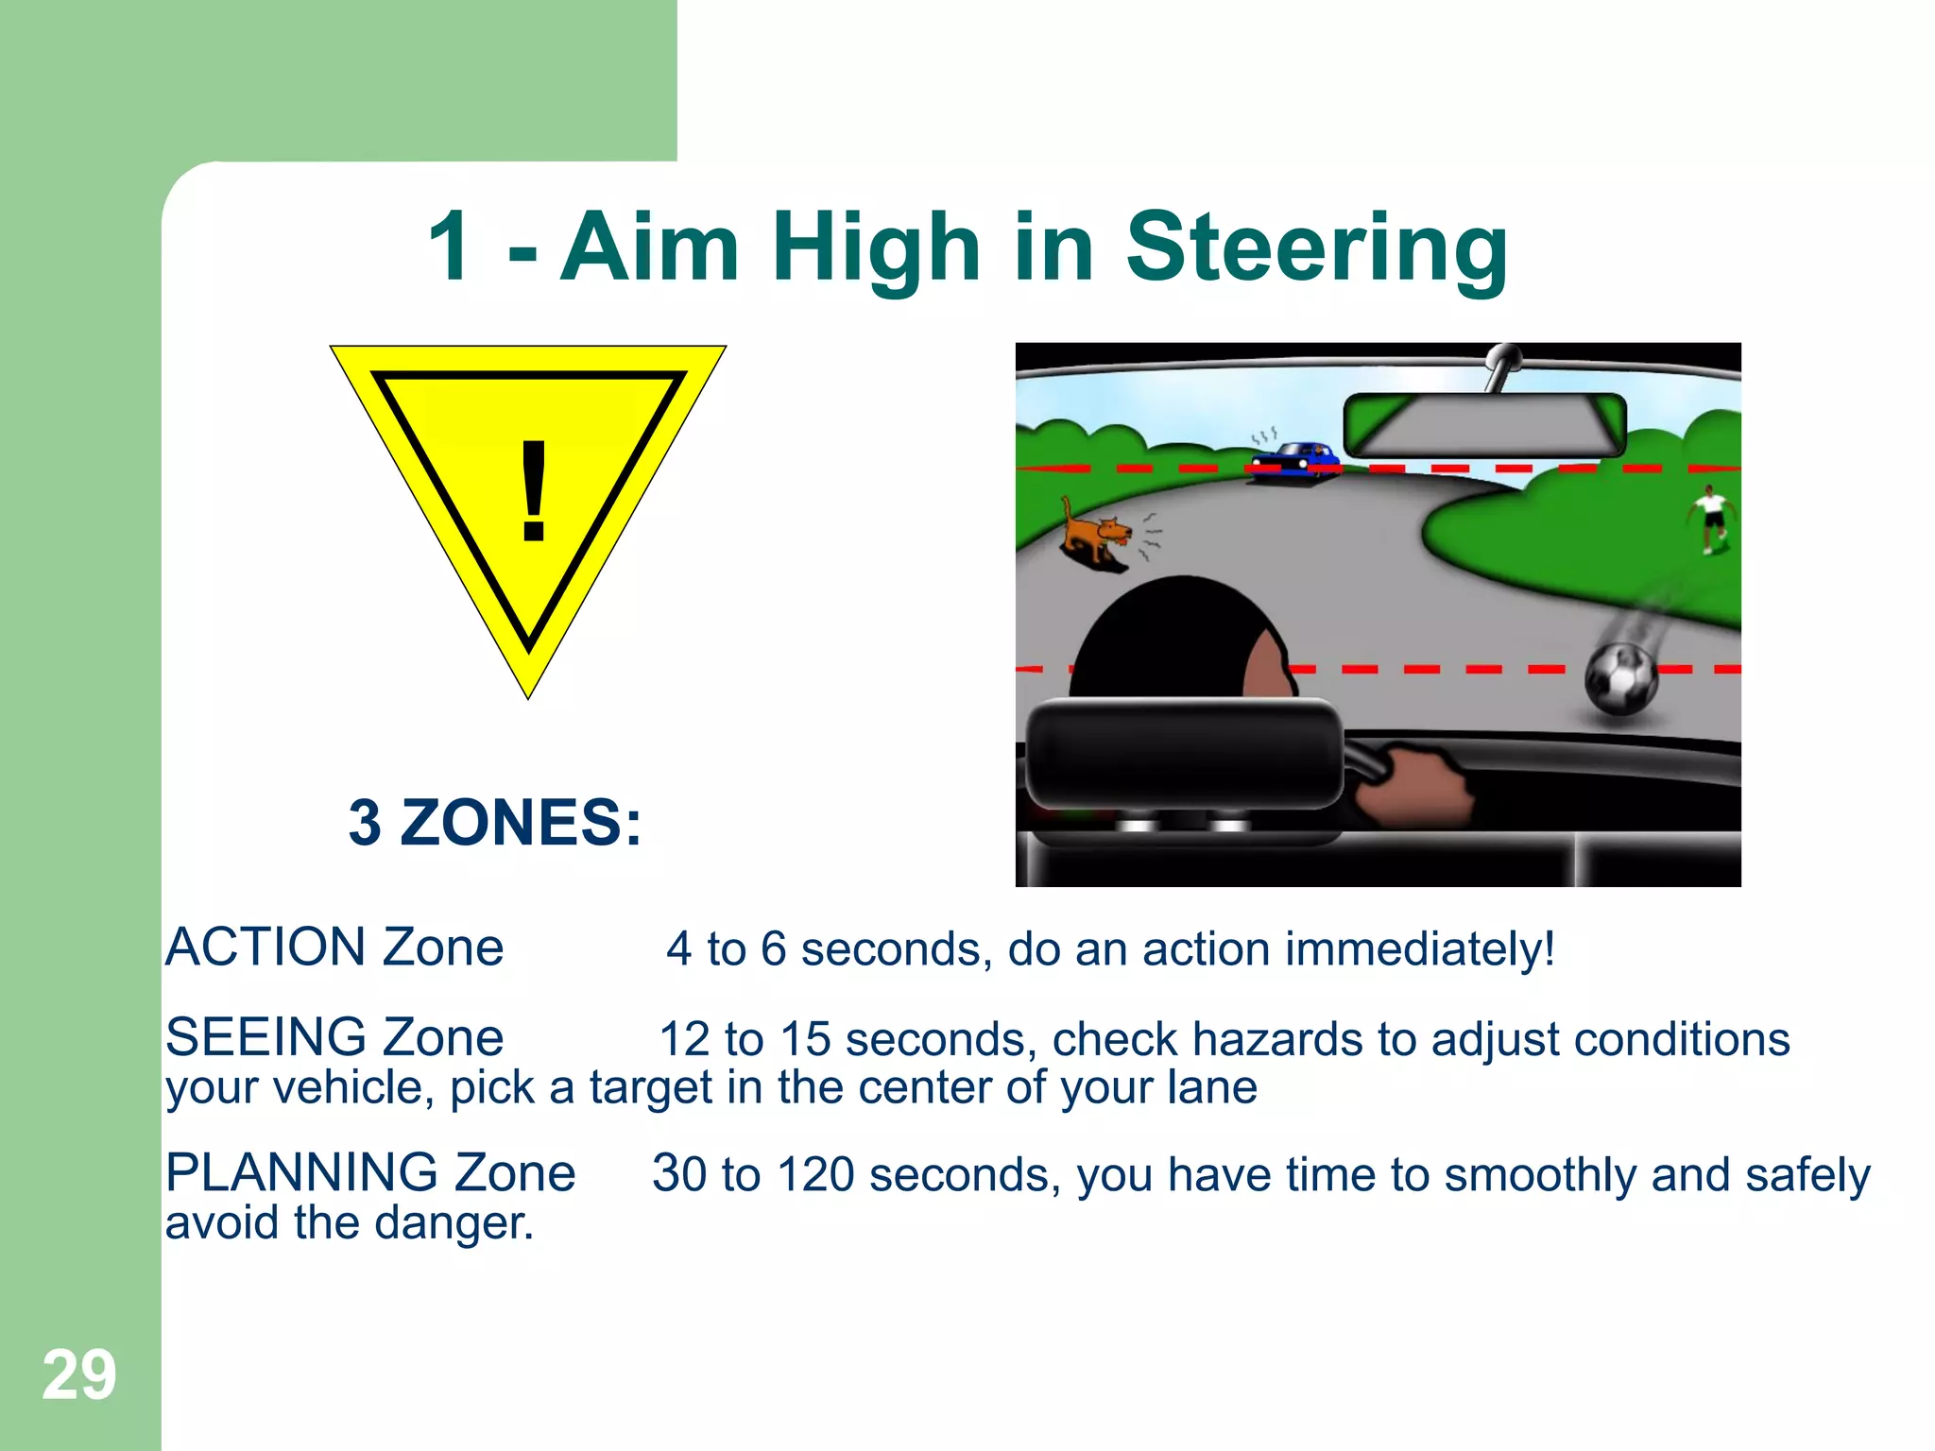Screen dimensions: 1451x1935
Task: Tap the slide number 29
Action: tap(79, 1375)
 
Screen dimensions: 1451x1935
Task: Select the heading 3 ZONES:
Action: tap(495, 822)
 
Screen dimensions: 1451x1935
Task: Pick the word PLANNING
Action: tap(301, 1173)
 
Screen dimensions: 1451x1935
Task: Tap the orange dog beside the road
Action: tap(1096, 534)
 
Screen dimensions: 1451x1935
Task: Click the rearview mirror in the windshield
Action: tap(1484, 425)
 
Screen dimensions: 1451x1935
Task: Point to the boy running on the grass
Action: tap(1711, 519)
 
